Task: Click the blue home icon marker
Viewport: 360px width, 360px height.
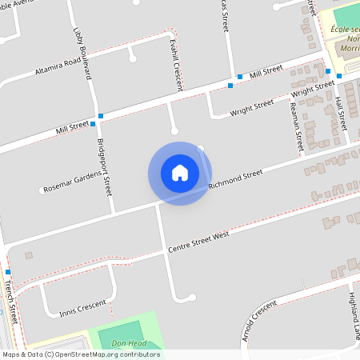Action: click(x=180, y=173)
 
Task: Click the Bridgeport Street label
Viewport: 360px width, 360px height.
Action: click(x=104, y=169)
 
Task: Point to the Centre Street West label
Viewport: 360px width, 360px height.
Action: click(x=198, y=241)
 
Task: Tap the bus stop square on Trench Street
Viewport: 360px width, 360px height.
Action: click(x=8, y=272)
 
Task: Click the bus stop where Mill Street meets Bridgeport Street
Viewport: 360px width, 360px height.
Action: click(x=94, y=124)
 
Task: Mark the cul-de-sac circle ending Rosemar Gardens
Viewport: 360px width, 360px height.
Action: click(x=42, y=190)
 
